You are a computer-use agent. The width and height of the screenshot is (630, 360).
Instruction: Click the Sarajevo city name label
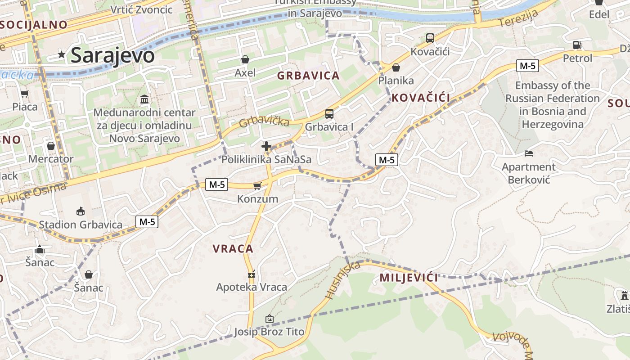point(112,55)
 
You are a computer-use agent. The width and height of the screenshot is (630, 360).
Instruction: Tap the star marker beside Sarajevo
point(62,55)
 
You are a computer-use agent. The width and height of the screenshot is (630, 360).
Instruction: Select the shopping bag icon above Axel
point(245,59)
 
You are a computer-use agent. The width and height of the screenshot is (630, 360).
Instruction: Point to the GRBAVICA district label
point(308,76)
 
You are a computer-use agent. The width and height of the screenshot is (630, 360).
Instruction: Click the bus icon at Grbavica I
point(329,114)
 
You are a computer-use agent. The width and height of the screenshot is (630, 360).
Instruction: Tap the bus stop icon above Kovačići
point(430,38)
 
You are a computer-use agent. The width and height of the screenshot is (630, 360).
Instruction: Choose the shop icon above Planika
point(396,68)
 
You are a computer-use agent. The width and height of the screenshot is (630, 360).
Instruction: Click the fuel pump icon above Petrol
point(577,45)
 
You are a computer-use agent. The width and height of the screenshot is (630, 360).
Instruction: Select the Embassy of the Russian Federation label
point(553,105)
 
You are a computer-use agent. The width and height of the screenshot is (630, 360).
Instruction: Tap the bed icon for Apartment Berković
point(529,153)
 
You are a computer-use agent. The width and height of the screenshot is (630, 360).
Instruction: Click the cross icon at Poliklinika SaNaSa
point(266,146)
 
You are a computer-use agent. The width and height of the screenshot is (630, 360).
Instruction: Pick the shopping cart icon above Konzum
point(257,186)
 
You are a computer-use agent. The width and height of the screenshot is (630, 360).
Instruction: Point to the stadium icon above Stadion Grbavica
point(81,211)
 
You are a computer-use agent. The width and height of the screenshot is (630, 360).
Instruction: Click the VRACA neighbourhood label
point(233,248)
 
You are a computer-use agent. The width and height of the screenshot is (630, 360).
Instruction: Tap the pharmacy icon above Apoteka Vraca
point(252,274)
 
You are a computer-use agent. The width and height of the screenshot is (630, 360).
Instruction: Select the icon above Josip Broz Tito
point(269,319)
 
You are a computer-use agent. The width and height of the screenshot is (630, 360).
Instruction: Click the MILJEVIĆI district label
point(409,277)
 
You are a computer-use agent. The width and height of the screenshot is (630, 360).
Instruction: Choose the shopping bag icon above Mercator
point(51,146)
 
